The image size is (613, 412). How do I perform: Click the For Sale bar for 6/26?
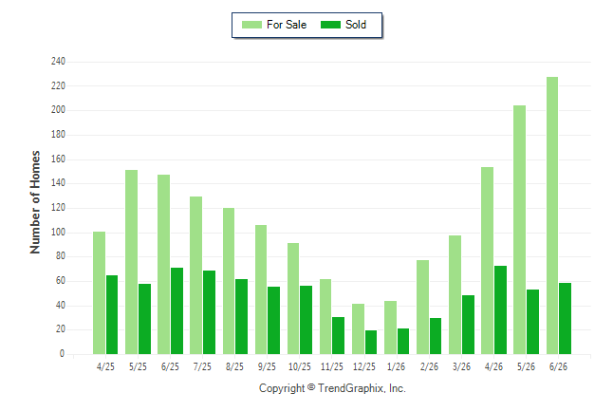552,215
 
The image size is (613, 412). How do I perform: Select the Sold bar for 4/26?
500,309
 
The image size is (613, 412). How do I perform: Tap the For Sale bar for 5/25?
131,262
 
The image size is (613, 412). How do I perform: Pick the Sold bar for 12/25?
371,343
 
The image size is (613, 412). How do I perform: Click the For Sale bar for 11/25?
325,316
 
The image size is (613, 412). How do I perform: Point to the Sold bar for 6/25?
176,311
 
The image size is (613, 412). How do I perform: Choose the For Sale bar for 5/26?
520,230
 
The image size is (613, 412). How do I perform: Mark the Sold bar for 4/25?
112,314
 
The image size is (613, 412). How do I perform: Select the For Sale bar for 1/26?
390,328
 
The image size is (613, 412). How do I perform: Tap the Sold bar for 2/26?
436,336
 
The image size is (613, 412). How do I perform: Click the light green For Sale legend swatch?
251,25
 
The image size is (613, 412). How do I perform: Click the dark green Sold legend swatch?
331,25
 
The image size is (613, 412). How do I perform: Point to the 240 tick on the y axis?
58,61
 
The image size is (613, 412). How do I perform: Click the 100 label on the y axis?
58,232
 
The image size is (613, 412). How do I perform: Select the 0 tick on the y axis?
63,353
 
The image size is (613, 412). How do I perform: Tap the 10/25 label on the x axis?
300,366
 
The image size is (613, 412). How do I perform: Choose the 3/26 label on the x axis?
461,366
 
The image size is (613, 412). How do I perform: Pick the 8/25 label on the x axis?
234,366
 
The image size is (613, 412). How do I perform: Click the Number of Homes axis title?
35,202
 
